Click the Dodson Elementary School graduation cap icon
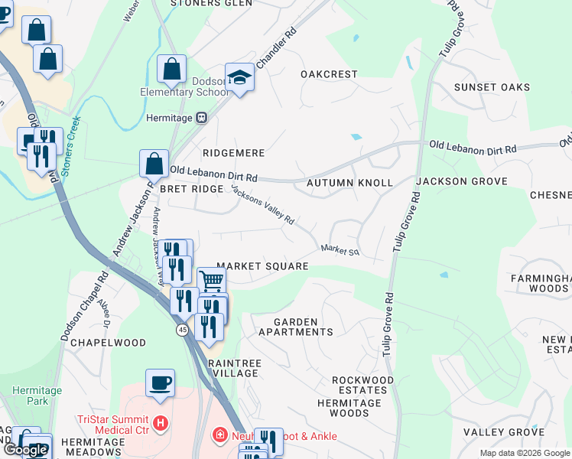coord(239,77)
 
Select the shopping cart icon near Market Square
coord(211,281)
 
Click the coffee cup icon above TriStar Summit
coord(160,382)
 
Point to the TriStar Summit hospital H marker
coord(160,422)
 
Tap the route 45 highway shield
coord(182,330)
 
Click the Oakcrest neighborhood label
coord(329,74)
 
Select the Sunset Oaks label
coord(492,87)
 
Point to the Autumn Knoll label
coord(349,184)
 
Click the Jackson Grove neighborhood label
coord(462,181)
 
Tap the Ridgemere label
coord(232,153)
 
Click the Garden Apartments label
coord(295,327)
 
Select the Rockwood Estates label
coord(362,386)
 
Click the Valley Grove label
coord(503,432)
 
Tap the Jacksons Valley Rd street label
coord(262,204)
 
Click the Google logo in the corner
coord(25,450)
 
